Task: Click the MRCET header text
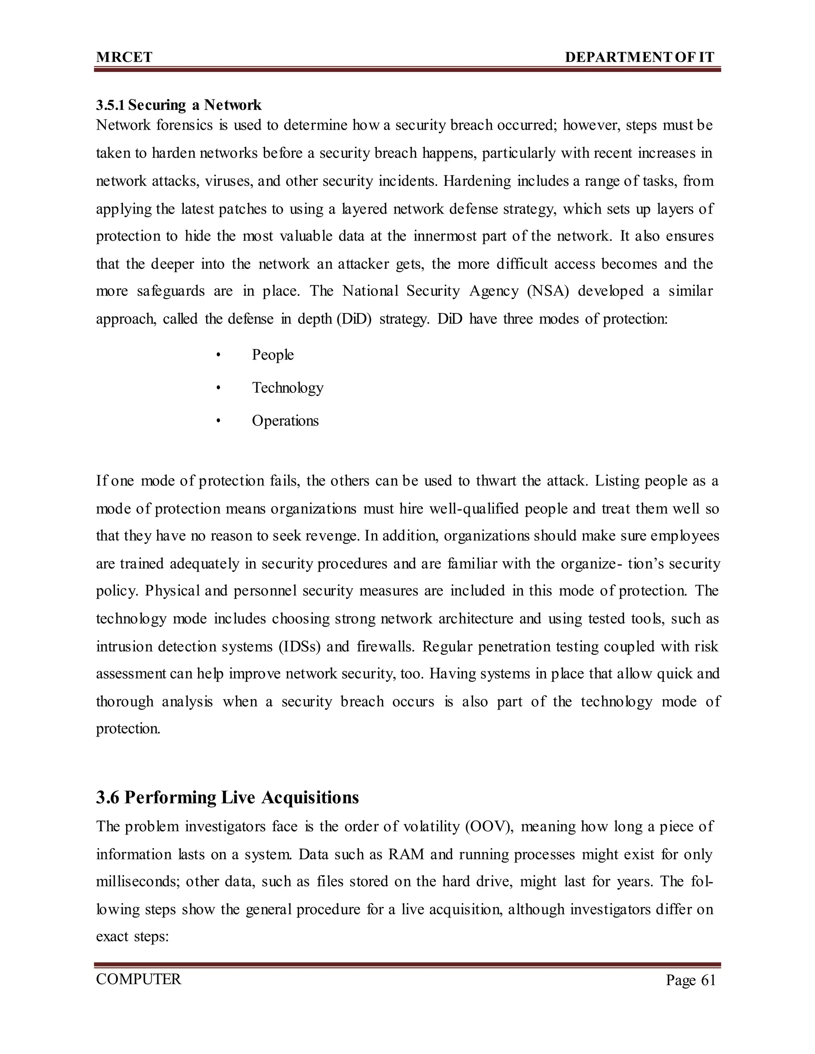tap(124, 57)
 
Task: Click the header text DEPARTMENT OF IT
tap(639, 57)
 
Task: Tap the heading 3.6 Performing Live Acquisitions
tap(227, 797)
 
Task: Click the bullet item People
tap(273, 355)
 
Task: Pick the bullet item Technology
tap(288, 388)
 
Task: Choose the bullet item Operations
tap(285, 421)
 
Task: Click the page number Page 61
tap(690, 980)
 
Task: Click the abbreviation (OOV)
tap(489, 827)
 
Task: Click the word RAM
tap(406, 855)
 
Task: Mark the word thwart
tap(496, 481)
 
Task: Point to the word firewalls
tap(385, 646)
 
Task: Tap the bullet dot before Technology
tap(218, 388)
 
